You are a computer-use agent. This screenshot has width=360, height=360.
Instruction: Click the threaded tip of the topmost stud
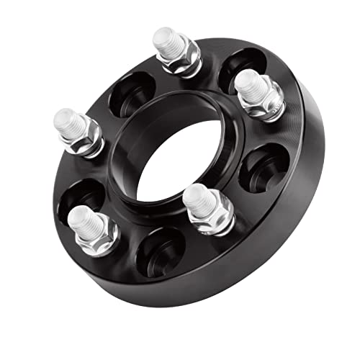(167, 41)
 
